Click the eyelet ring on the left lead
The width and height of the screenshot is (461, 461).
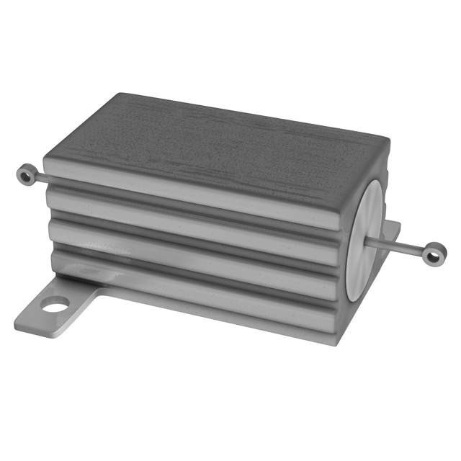(x=27, y=174)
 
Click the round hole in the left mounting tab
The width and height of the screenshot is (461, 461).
(x=55, y=305)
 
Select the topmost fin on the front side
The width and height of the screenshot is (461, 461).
(x=194, y=198)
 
